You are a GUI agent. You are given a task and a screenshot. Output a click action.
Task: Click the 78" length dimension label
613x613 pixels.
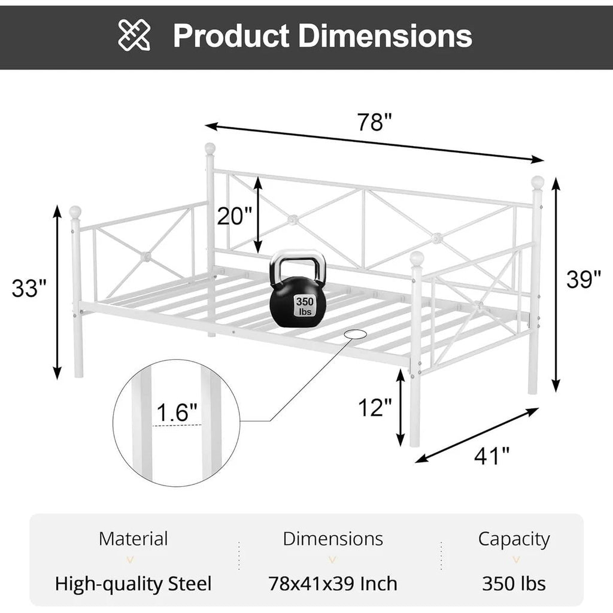pos(374,122)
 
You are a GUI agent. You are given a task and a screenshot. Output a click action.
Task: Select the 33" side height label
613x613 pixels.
pos(29,289)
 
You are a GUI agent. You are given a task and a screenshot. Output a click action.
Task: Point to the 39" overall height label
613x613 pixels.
pos(584,279)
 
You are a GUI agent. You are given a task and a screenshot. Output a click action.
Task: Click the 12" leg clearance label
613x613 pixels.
pos(374,408)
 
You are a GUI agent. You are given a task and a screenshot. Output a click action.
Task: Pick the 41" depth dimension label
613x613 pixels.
pos(492,457)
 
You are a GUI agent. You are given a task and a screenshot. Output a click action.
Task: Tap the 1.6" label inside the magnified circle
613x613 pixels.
pos(177,412)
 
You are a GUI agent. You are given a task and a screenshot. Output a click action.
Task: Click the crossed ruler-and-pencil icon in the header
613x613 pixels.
pos(135,35)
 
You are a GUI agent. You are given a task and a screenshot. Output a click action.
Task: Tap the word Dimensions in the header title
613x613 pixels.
pos(386,36)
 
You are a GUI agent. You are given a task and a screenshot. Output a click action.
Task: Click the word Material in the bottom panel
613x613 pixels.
pos(133,538)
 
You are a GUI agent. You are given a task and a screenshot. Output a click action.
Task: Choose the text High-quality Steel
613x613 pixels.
pos(133,583)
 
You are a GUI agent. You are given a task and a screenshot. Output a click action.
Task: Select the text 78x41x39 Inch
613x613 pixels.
pos(333,583)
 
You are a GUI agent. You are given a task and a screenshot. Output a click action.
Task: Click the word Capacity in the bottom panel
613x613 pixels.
pos(514,539)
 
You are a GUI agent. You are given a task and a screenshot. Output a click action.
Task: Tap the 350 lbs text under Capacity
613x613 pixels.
pos(514,583)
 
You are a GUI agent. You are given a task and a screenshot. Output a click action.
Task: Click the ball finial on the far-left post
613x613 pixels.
pos(75,211)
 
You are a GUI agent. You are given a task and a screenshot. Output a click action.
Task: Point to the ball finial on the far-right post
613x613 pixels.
pos(538,181)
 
